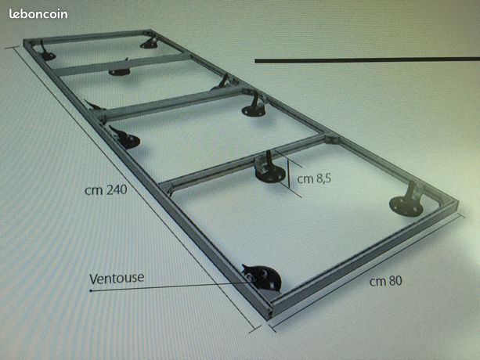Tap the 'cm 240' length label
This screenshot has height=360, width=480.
pos(105,189)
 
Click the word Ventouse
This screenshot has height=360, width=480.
pos(117,277)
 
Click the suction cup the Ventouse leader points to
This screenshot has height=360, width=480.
pos(261,277)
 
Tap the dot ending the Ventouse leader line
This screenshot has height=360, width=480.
pos(90,290)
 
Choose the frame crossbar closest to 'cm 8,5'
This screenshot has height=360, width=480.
pos(243,162)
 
